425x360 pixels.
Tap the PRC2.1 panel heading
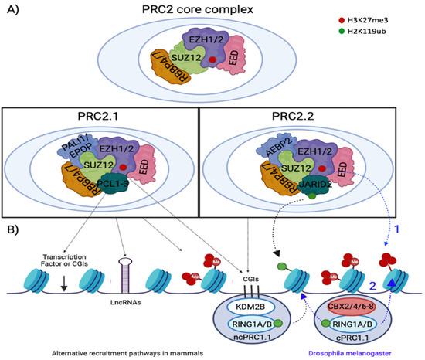coord(106,117)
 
